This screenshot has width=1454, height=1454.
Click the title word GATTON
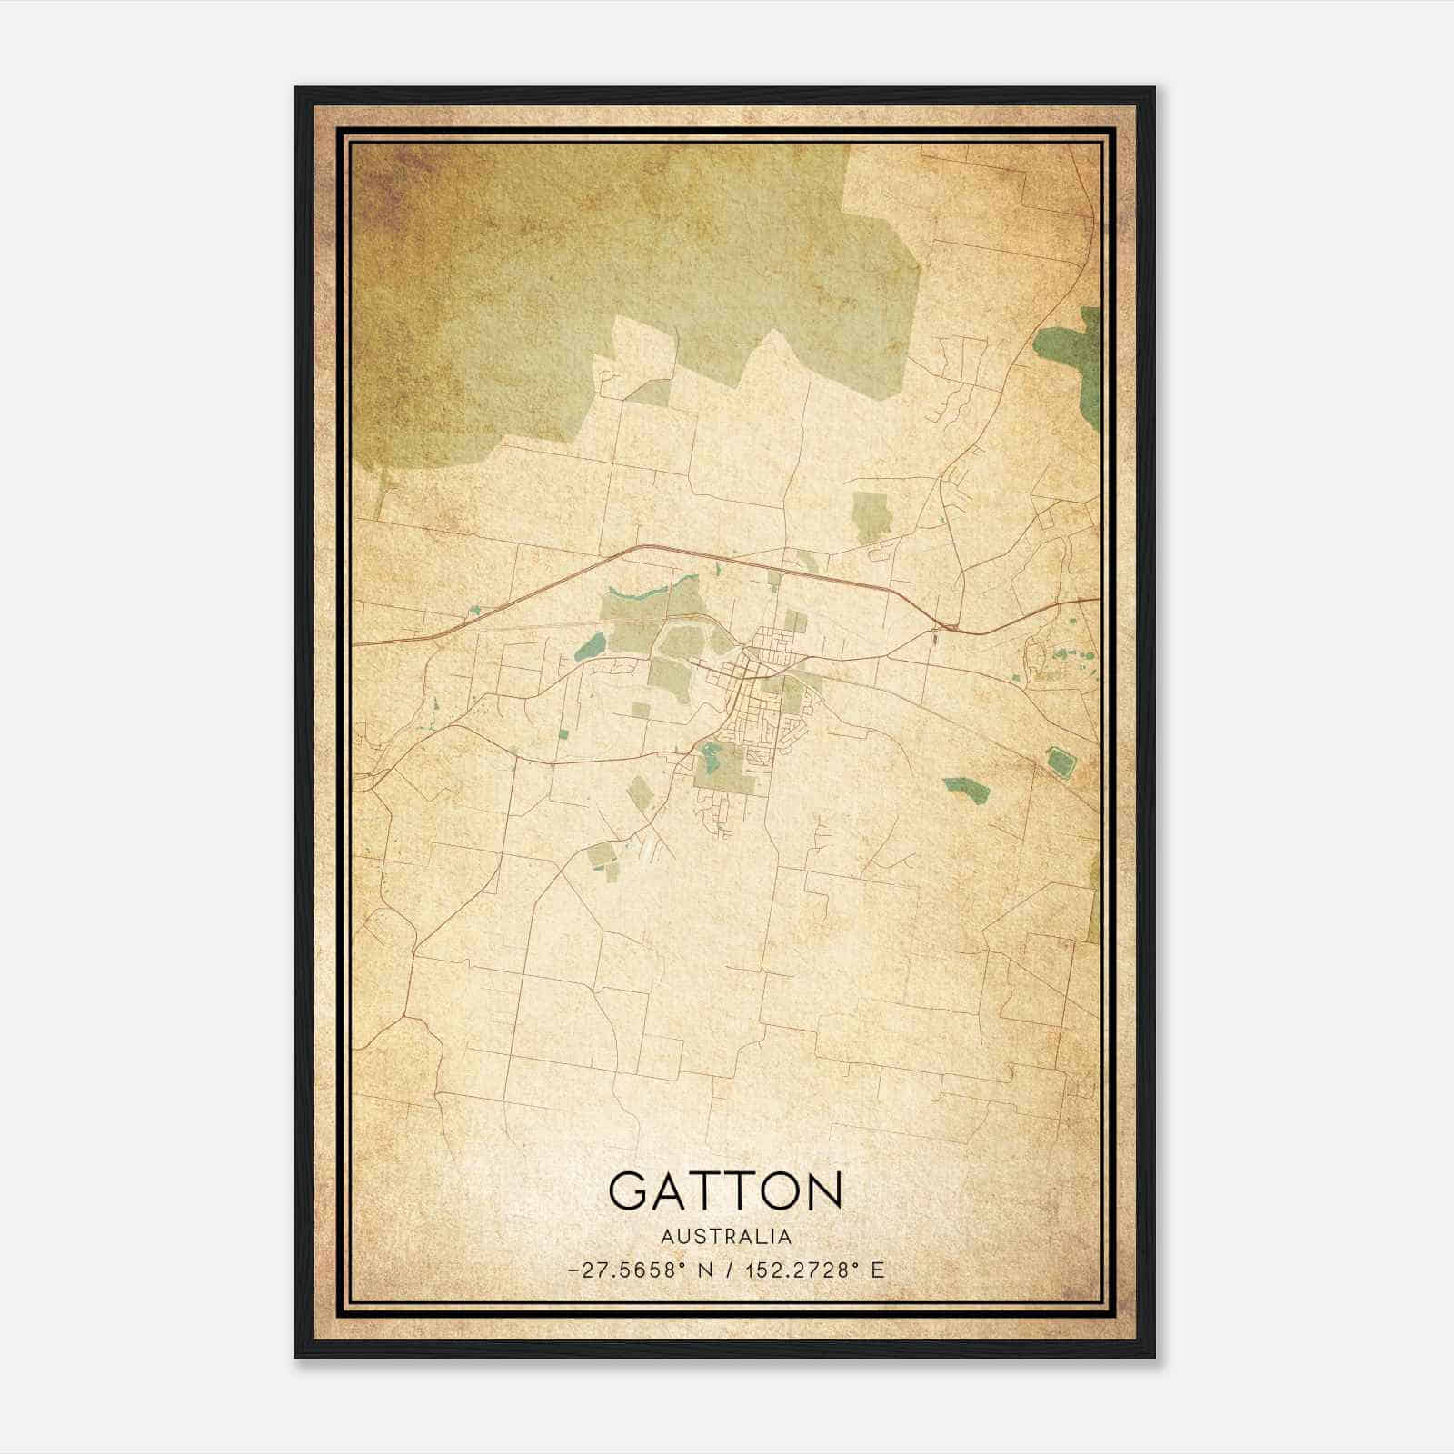click(725, 1190)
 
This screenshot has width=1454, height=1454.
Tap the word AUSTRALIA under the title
click(725, 1237)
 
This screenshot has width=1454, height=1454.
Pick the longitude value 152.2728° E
click(813, 1270)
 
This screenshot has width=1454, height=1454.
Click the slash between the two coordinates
click(729, 1270)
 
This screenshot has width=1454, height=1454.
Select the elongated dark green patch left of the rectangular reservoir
click(965, 788)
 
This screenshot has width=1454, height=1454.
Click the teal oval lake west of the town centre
click(591, 647)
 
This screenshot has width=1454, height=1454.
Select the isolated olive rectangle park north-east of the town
click(871, 516)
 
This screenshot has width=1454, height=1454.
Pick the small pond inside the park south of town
click(710, 753)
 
